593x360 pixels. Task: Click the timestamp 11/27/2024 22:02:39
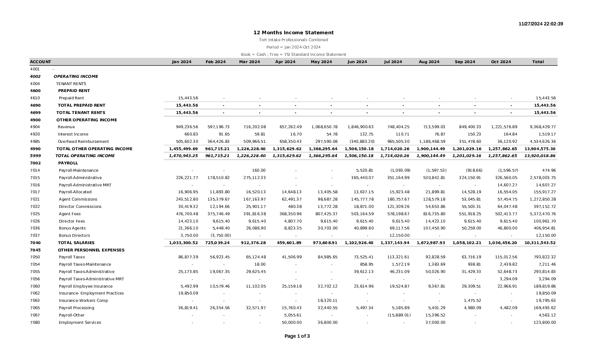click(x=541, y=24)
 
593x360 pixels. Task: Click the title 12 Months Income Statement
click(x=293, y=33)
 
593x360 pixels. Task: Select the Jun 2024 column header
click(x=357, y=62)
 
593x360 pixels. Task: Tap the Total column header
click(x=538, y=62)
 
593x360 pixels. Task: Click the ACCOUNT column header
click(x=40, y=62)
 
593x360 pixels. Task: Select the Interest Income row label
click(x=73, y=134)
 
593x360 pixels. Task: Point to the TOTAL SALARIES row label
click(x=76, y=243)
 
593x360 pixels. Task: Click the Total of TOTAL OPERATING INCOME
click(x=539, y=156)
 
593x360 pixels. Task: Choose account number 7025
click(x=35, y=214)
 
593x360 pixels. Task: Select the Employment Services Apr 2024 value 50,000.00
click(x=291, y=323)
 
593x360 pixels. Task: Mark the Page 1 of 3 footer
click(x=297, y=336)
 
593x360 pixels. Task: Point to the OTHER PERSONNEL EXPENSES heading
click(x=91, y=250)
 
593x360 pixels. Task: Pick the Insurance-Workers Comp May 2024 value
click(x=327, y=301)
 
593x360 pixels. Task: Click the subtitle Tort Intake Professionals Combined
click(x=293, y=40)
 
